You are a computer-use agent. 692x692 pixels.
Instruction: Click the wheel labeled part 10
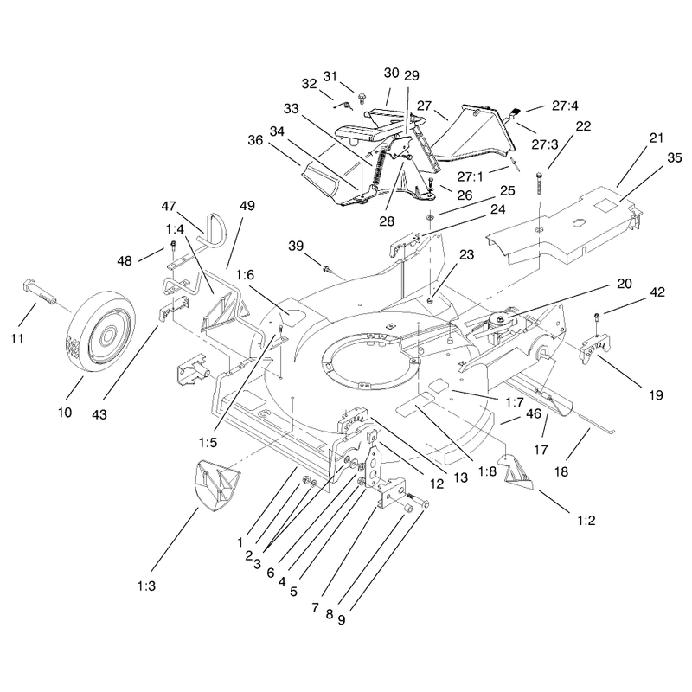point(100,336)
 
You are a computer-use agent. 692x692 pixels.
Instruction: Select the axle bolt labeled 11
point(38,292)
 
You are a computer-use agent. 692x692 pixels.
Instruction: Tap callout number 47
point(169,206)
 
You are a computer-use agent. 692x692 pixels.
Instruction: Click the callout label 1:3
point(146,586)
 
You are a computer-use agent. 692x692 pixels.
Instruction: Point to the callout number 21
point(657,138)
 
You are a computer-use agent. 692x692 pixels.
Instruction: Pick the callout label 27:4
point(565,106)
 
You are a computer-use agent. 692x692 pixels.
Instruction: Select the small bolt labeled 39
point(327,268)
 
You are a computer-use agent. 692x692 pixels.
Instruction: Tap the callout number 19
point(657,395)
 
